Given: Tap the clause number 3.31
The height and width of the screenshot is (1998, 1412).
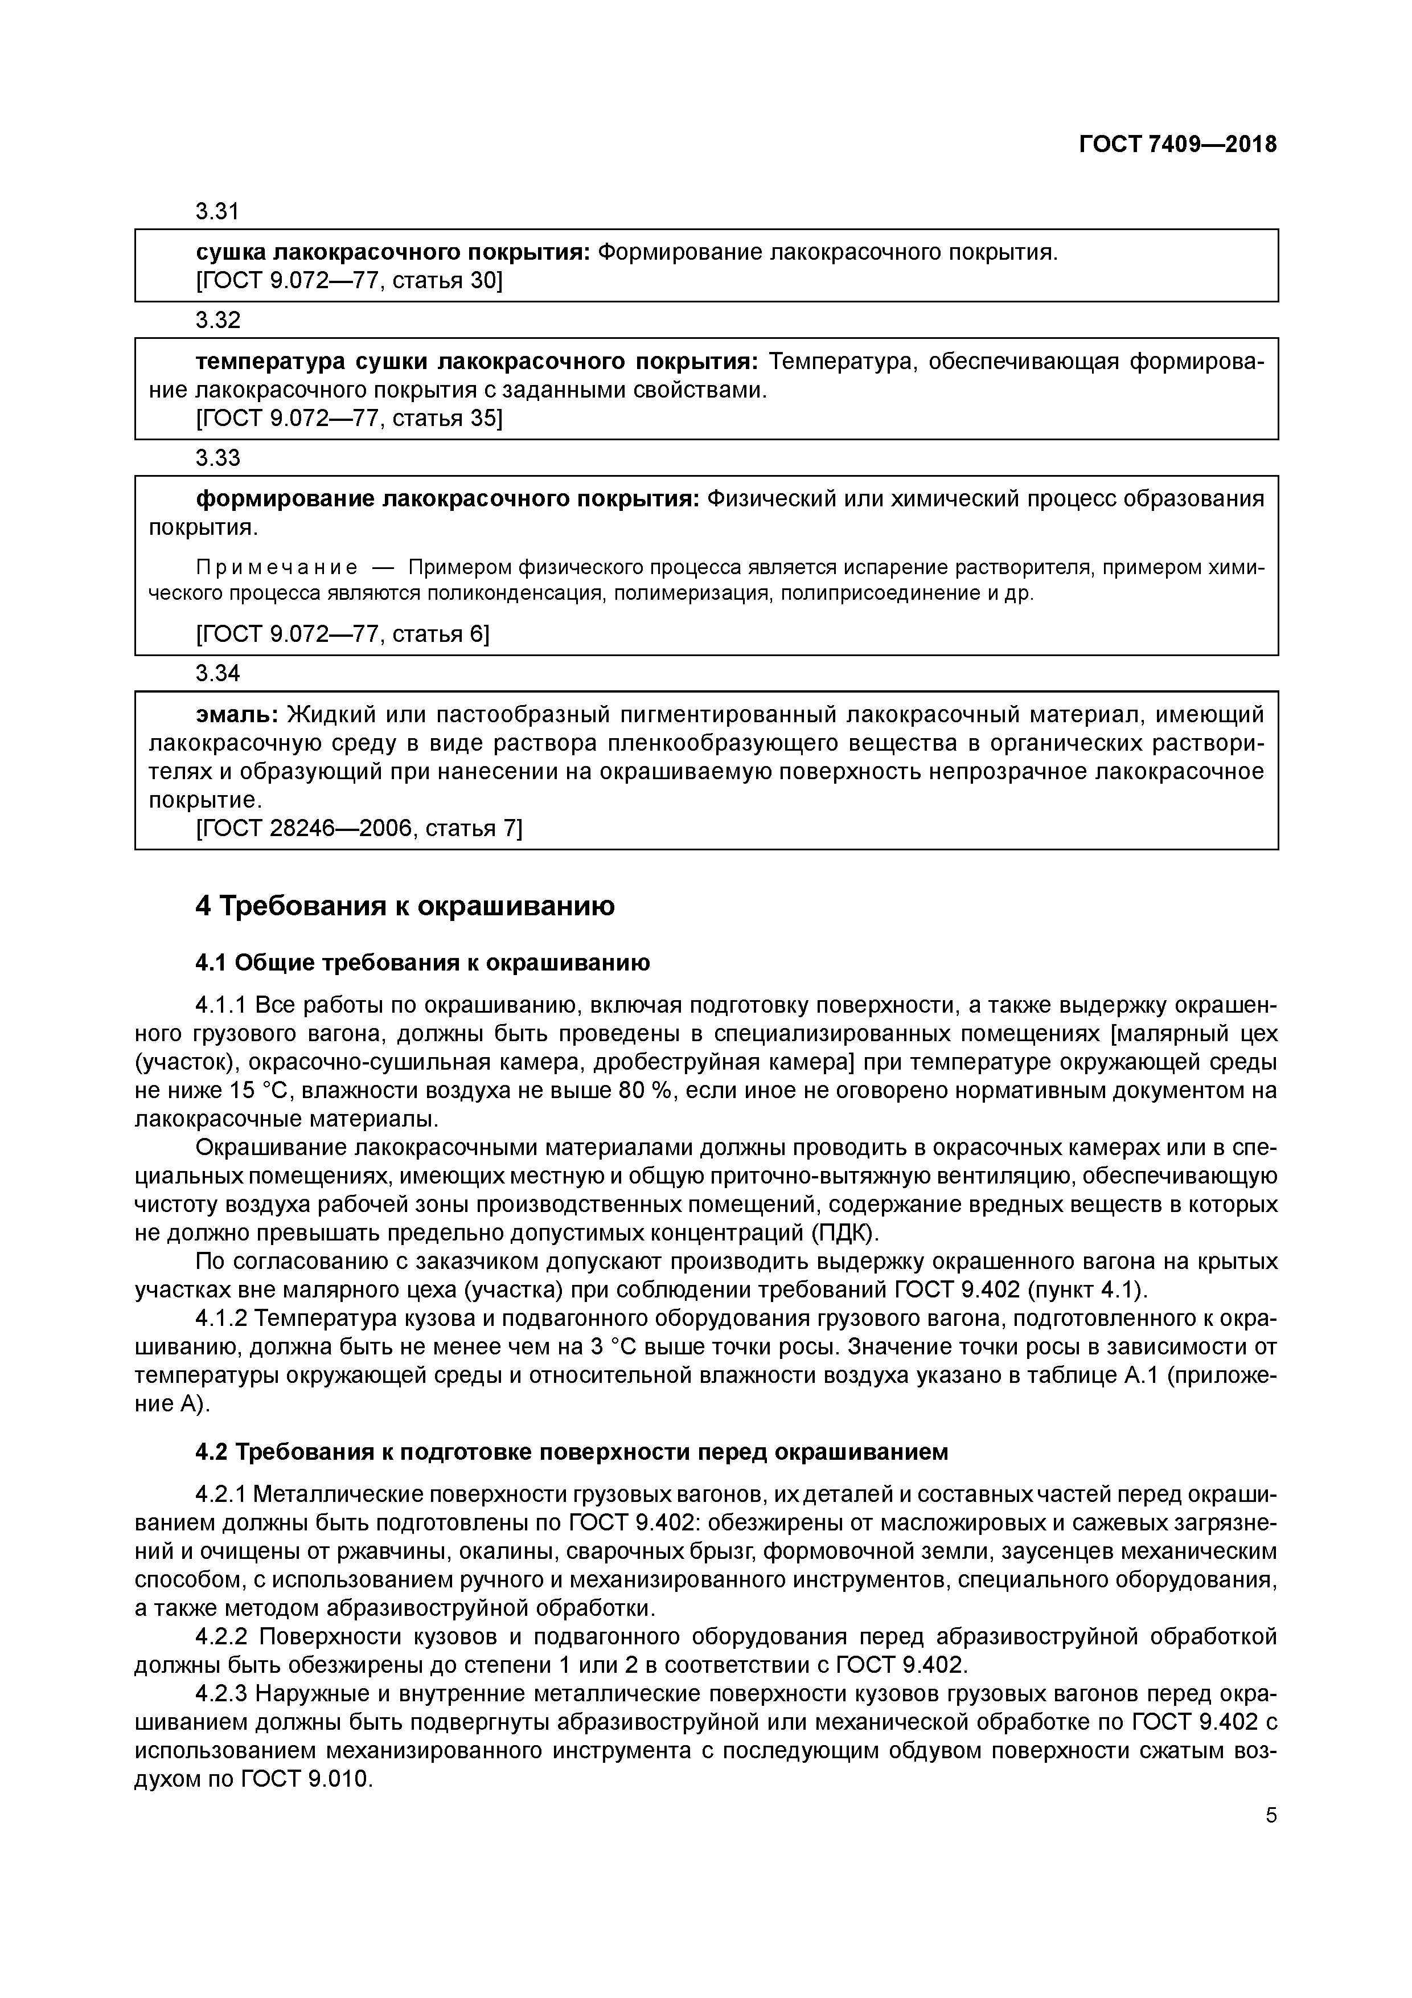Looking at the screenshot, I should (x=217, y=211).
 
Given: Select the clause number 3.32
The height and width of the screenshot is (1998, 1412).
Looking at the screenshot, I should (x=217, y=320).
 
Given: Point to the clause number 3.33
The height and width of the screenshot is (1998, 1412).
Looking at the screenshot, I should (x=217, y=458).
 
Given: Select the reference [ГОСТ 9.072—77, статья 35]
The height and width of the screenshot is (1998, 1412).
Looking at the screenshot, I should (x=349, y=419).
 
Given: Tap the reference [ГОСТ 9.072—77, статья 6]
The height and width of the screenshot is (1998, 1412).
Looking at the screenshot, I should (x=343, y=634).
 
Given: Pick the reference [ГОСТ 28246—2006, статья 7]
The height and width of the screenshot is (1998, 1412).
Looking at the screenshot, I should (x=359, y=829).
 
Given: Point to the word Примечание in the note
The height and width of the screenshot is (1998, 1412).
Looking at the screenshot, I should (x=277, y=568).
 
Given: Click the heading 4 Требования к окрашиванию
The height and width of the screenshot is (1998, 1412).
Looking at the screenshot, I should (x=405, y=906).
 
